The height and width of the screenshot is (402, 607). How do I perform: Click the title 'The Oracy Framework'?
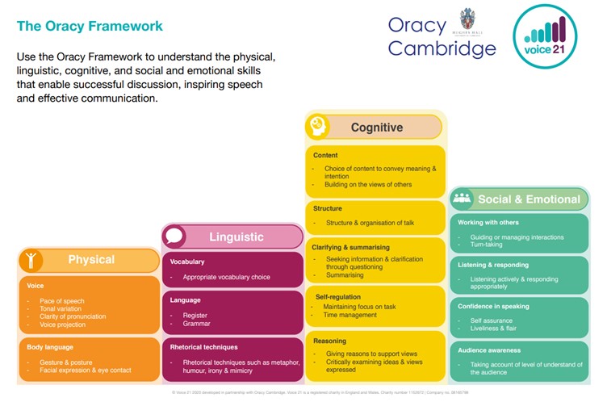pyautogui.click(x=90, y=26)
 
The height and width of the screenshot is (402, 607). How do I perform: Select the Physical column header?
pyautogui.click(x=91, y=260)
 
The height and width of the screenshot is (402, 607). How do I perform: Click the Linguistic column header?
pyautogui.click(x=237, y=237)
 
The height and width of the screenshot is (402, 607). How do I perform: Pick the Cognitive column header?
pyautogui.click(x=376, y=128)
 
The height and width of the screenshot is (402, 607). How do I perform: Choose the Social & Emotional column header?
pyautogui.click(x=529, y=199)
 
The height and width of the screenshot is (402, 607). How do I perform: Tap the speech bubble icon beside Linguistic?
pyautogui.click(x=174, y=237)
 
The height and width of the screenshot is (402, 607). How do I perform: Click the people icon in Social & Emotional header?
pyautogui.click(x=463, y=199)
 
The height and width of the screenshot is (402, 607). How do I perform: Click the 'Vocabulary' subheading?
pyautogui.click(x=187, y=262)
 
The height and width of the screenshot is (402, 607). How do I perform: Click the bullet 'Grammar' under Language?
pyautogui.click(x=197, y=324)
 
